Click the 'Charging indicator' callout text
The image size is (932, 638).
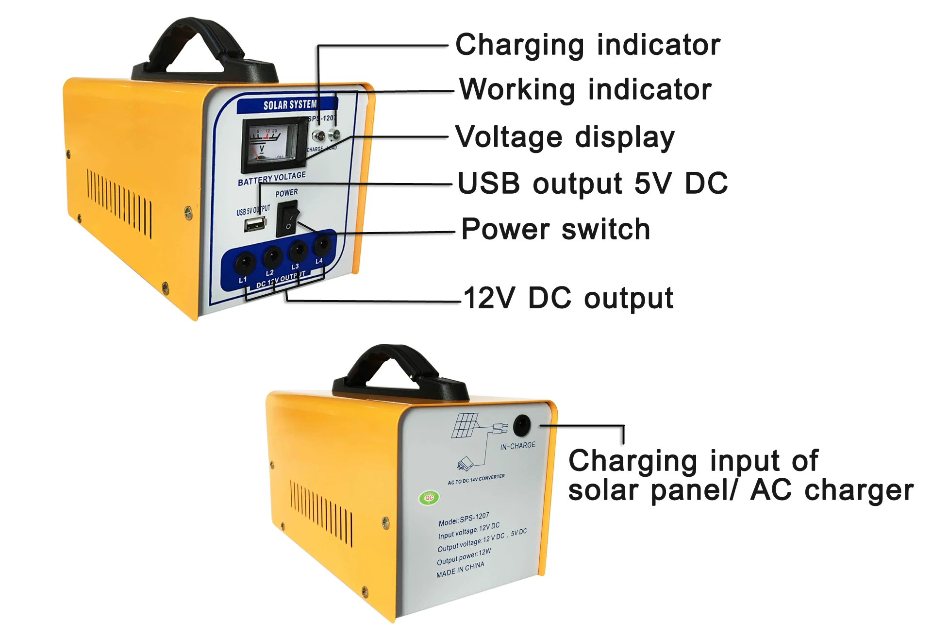coord(587,45)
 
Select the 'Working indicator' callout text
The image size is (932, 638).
coord(585,90)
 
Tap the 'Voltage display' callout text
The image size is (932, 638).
coord(565,137)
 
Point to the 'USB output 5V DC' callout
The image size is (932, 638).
coord(592,184)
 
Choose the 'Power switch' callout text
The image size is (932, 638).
coord(555,229)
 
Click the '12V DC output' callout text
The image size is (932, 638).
coord(568,298)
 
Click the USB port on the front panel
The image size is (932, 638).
coord(255,224)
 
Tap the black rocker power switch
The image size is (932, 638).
coord(288,219)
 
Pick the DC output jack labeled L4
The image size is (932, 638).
coord(322,244)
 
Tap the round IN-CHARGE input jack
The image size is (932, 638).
coord(522,426)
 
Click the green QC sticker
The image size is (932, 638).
coord(429,498)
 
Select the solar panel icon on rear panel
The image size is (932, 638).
coord(466,425)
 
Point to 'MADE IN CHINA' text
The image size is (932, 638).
coord(460,570)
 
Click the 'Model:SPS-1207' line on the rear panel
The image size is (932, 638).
coord(464,519)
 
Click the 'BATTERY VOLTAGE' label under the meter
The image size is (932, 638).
coord(272,178)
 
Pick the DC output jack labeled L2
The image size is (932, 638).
coord(272,255)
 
